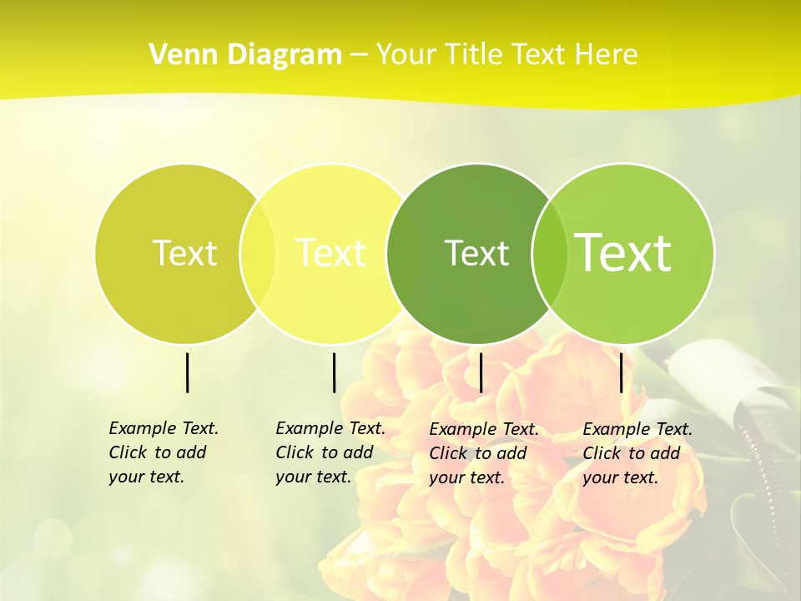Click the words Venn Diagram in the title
click(x=245, y=55)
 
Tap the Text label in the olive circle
click(x=184, y=253)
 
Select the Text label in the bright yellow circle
click(x=331, y=253)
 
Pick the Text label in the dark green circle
click(x=476, y=253)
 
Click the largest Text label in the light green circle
click(x=623, y=253)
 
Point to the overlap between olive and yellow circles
click(x=257, y=253)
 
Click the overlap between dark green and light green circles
click(x=549, y=253)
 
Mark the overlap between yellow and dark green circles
click(x=404, y=253)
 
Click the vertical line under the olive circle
click(x=187, y=372)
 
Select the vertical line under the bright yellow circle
click(x=334, y=372)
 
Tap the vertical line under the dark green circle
click(x=481, y=372)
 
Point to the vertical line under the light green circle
click(x=621, y=372)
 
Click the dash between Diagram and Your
click(x=359, y=55)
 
